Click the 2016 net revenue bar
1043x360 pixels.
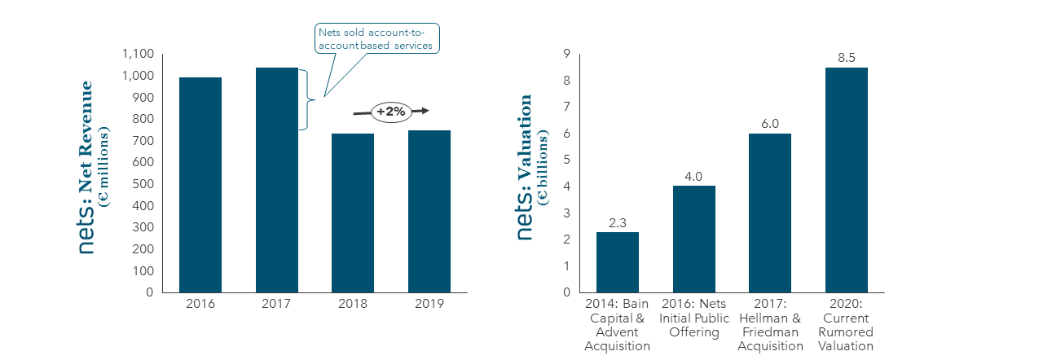pyautogui.click(x=200, y=185)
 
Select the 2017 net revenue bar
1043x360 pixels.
pyautogui.click(x=277, y=180)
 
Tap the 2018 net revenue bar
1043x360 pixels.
pyautogui.click(x=353, y=213)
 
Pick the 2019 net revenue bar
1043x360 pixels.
pyautogui.click(x=429, y=212)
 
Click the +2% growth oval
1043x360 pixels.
pyautogui.click(x=391, y=112)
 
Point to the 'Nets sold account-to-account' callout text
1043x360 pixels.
pyautogui.click(x=376, y=38)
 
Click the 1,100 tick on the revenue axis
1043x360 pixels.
pyautogui.click(x=138, y=54)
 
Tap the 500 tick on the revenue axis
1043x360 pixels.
pyautogui.click(x=143, y=184)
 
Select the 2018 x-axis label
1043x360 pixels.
pyautogui.click(x=353, y=304)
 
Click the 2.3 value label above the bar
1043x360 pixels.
pyautogui.click(x=618, y=223)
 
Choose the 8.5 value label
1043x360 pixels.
pyautogui.click(x=847, y=58)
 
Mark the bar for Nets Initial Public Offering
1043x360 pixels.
pyautogui.click(x=693, y=239)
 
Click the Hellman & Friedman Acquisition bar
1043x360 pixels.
pyautogui.click(x=770, y=213)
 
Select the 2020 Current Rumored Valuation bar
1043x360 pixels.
pyautogui.click(x=847, y=180)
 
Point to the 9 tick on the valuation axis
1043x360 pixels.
pyautogui.click(x=566, y=54)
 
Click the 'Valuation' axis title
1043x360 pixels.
pyautogui.click(x=524, y=138)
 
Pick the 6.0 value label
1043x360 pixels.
pyautogui.click(x=770, y=124)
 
